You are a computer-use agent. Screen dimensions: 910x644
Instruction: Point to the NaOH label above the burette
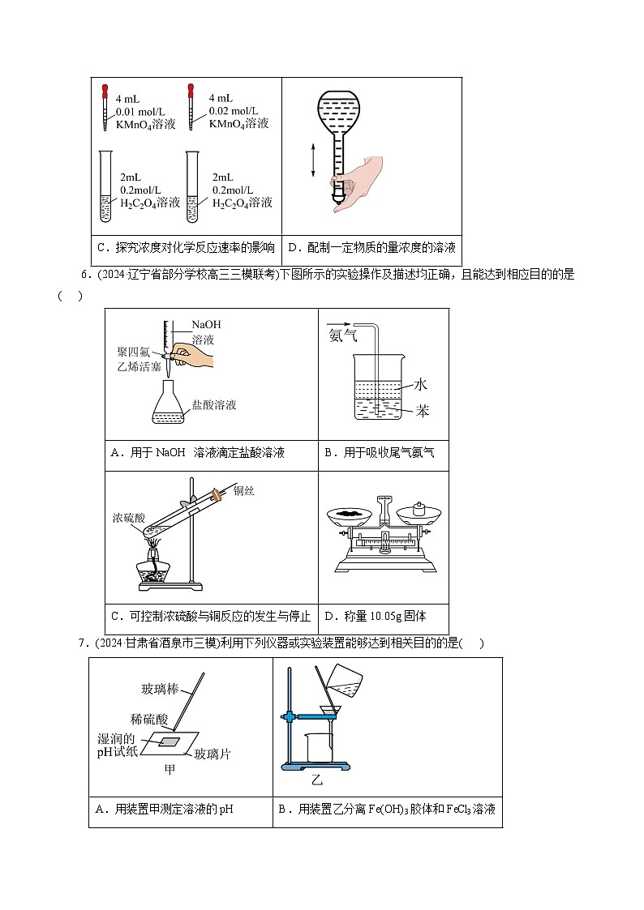[x=206, y=325]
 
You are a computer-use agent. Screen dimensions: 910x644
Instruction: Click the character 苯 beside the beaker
[x=422, y=411]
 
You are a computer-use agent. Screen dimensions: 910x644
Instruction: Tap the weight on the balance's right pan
[x=419, y=509]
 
